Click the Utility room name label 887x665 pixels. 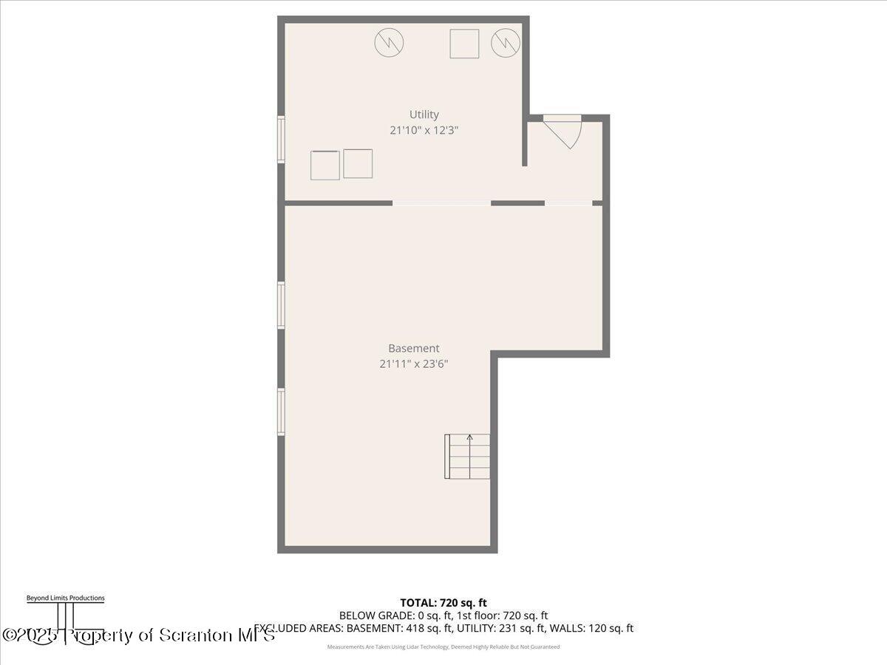pyautogui.click(x=424, y=115)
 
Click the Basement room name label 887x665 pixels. pyautogui.click(x=413, y=348)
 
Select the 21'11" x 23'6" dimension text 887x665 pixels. pyautogui.click(x=413, y=364)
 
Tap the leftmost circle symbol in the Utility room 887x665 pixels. pyautogui.click(x=389, y=43)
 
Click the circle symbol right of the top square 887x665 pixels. pyautogui.click(x=506, y=43)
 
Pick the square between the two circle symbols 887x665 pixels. pyautogui.click(x=464, y=44)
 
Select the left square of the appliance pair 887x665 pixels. pyautogui.click(x=324, y=165)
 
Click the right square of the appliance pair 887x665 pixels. pyautogui.click(x=358, y=163)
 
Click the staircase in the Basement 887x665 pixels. pyautogui.click(x=467, y=457)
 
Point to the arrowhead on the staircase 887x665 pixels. pyautogui.click(x=469, y=437)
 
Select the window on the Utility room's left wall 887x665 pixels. pyautogui.click(x=281, y=139)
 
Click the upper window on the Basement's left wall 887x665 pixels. pyautogui.click(x=281, y=304)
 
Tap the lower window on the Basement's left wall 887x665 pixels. pyautogui.click(x=281, y=412)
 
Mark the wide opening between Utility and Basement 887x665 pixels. pyautogui.click(x=441, y=202)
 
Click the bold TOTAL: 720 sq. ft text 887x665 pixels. pyautogui.click(x=443, y=603)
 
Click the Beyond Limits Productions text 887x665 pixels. pyautogui.click(x=65, y=598)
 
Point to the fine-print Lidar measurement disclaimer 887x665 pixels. pyautogui.click(x=443, y=647)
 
